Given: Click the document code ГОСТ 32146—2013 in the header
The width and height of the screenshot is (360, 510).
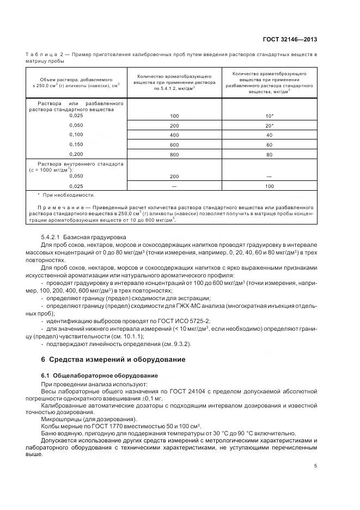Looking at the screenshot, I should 289,39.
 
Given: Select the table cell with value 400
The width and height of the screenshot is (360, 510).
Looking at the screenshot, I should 174,134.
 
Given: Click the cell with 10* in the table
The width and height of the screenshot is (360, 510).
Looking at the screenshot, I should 269,116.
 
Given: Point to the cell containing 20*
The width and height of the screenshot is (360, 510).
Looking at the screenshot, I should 269,125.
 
